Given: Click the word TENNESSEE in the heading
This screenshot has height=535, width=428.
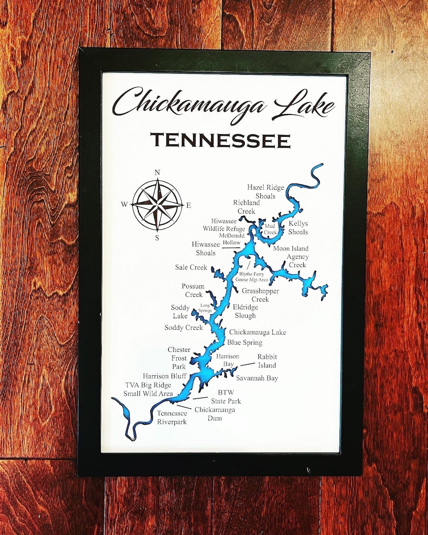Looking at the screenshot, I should click(220, 140).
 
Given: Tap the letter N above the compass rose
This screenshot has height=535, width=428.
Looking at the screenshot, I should click(157, 172).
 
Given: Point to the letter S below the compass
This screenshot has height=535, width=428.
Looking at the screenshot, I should click(157, 238).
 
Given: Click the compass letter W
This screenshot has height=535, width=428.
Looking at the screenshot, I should click(124, 204).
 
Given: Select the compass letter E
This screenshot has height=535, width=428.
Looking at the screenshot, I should click(189, 205).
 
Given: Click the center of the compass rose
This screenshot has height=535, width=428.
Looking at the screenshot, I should click(157, 205).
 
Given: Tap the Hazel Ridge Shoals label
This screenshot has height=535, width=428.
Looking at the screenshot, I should click(266, 191).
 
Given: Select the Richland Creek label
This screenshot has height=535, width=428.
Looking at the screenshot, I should click(246, 207).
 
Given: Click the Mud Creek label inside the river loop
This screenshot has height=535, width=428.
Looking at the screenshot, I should click(270, 229).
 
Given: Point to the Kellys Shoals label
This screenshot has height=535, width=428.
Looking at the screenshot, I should click(298, 227).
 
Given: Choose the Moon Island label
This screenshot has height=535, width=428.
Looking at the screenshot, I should click(290, 248).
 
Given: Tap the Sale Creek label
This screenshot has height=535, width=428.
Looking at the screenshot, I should click(191, 267).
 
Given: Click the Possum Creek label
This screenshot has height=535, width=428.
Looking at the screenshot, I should click(193, 290).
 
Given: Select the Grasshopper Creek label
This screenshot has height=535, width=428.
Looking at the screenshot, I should click(260, 295).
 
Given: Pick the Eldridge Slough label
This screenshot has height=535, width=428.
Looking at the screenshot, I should click(245, 311).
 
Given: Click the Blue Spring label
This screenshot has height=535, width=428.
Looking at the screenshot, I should click(245, 342).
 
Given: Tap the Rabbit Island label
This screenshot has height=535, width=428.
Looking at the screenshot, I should click(267, 361).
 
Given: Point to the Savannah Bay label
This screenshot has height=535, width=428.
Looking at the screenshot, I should click(257, 378).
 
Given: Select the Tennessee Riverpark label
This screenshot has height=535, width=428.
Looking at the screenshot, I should click(172, 417).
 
